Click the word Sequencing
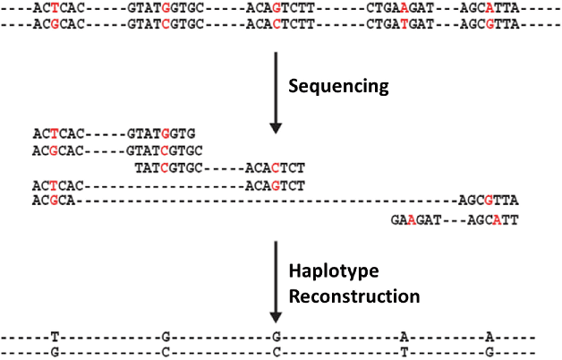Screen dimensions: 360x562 [338, 86]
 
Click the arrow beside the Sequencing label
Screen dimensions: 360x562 [276, 85]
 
